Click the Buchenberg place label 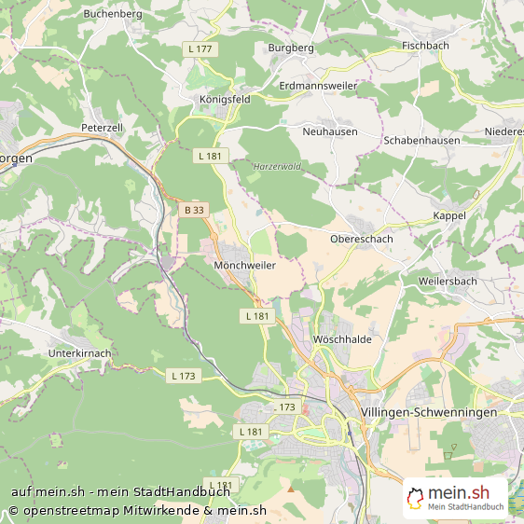[112, 14]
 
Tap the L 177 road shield [200, 48]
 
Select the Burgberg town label [291, 47]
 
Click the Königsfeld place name [225, 99]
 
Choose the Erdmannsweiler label [318, 85]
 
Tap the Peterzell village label [102, 127]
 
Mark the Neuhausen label [330, 131]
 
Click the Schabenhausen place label [421, 141]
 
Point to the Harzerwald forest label [276, 167]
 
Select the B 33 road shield [194, 210]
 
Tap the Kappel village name [449, 215]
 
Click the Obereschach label [362, 239]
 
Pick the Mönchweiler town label [244, 265]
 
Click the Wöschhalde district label [343, 339]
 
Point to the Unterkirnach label [79, 353]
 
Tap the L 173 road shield [184, 376]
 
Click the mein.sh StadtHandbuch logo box [455, 498]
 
